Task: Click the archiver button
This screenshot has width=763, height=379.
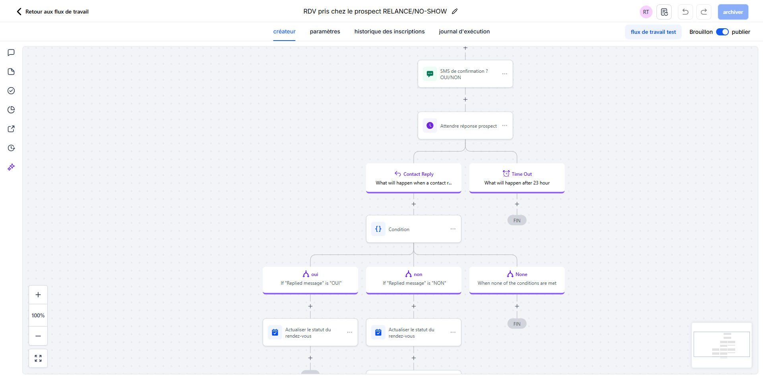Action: (733, 12)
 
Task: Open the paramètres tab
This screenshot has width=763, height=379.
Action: (325, 31)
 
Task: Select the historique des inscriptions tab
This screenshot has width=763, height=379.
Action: (389, 31)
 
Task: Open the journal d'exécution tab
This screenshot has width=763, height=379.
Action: (464, 31)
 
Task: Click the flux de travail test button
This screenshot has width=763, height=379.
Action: (653, 32)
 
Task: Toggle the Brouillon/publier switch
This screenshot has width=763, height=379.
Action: (722, 32)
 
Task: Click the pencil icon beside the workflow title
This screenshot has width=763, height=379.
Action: (455, 11)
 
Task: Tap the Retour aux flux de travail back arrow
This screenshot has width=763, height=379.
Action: (19, 12)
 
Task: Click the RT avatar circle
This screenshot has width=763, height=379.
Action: (646, 12)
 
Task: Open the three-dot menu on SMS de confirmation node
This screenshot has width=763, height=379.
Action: (505, 74)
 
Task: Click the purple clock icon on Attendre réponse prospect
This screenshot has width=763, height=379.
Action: (430, 126)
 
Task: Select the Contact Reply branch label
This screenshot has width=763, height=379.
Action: (418, 174)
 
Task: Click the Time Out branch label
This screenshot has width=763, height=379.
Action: (521, 174)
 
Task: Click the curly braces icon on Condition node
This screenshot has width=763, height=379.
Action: (378, 229)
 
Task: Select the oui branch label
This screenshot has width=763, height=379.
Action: (314, 274)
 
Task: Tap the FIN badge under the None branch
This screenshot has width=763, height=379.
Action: (517, 324)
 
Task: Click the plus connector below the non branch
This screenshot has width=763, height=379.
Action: (414, 306)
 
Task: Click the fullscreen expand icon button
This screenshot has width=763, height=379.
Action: (38, 358)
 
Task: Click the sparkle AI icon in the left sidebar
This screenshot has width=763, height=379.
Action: (11, 167)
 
